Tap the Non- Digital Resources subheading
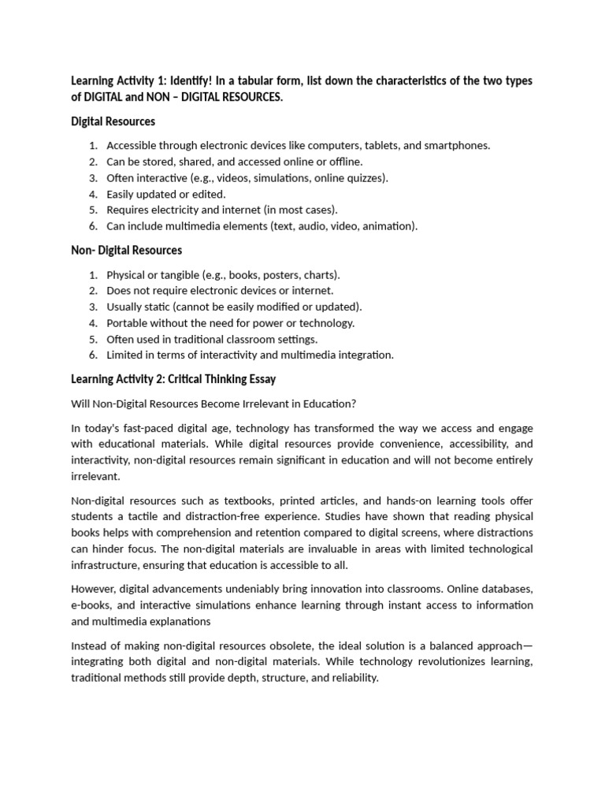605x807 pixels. [x=126, y=251]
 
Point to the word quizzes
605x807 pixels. [x=366, y=177]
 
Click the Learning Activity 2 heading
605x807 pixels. [x=173, y=379]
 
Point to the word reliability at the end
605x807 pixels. [x=353, y=677]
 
